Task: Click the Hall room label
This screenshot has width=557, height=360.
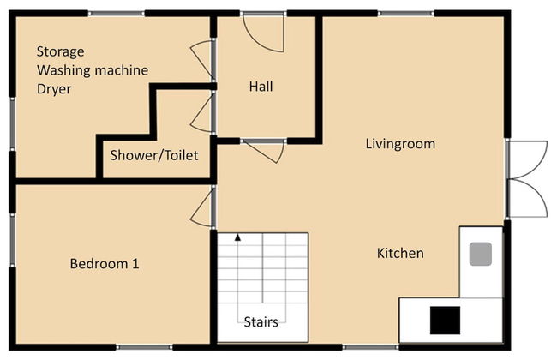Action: click(x=261, y=87)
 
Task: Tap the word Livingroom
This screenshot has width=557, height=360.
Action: click(x=400, y=144)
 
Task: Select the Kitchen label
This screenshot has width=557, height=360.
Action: click(x=400, y=254)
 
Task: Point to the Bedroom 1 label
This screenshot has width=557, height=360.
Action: click(x=105, y=264)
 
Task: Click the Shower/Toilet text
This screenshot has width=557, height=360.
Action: click(x=153, y=155)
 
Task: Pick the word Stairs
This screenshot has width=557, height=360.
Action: click(x=261, y=322)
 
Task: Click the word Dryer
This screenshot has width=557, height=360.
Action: click(x=54, y=89)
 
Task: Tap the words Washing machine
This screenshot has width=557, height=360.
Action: click(x=93, y=70)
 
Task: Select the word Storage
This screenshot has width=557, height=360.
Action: click(x=60, y=52)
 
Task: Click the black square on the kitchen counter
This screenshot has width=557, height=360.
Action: click(x=445, y=321)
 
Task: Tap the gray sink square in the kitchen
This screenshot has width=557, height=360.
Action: click(x=480, y=254)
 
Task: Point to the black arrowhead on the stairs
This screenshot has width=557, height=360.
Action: click(x=237, y=237)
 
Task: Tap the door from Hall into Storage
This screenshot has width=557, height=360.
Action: click(x=201, y=58)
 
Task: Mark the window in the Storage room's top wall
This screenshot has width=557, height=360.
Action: click(x=117, y=14)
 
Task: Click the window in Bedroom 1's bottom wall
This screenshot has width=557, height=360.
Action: click(x=144, y=347)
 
